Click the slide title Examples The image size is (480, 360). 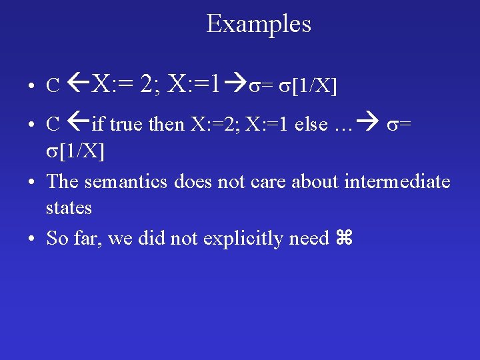coord(259,24)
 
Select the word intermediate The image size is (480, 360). coord(397,181)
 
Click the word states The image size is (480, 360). coord(69,207)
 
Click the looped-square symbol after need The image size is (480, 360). coord(345,239)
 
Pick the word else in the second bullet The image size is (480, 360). coord(311,124)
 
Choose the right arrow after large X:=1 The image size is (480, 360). coord(234,85)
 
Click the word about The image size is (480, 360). coord(315,181)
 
